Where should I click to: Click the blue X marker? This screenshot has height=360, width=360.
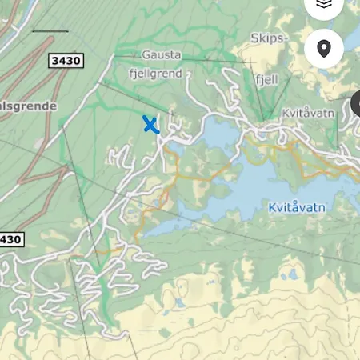tap(150, 125)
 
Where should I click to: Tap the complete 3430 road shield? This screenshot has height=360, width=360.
tap(66, 60)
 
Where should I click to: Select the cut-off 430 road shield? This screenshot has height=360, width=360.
tap(10, 239)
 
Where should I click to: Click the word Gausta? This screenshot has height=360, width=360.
tap(162, 55)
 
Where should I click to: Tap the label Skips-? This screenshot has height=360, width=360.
tap(267, 38)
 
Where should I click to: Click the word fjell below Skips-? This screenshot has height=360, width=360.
tap(266, 80)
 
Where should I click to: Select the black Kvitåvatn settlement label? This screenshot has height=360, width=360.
tap(307, 114)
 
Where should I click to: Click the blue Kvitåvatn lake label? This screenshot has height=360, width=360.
tap(297, 207)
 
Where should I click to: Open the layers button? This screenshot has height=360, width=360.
tap(323, 5)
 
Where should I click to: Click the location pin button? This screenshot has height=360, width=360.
tap(324, 49)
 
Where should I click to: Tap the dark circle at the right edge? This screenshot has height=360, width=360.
tap(356, 105)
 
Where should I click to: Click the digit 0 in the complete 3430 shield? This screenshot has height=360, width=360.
tap(78, 60)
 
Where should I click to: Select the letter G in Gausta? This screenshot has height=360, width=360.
tap(146, 55)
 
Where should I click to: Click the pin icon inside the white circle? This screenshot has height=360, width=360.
tap(324, 49)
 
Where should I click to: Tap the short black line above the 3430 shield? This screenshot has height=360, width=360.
tap(50, 31)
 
